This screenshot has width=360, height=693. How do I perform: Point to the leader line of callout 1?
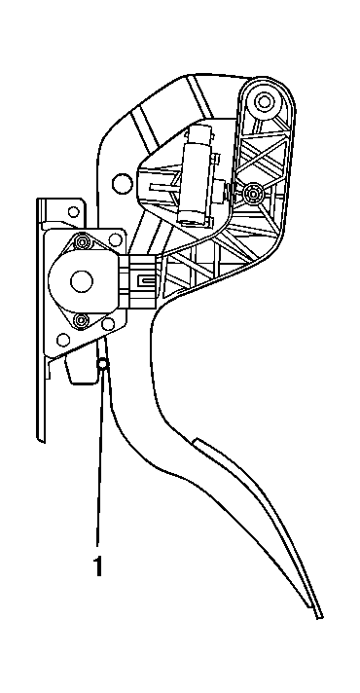[x=98, y=457]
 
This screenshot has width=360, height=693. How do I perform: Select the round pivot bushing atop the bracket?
[x=263, y=101]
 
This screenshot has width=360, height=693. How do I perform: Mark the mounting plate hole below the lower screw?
[x=63, y=341]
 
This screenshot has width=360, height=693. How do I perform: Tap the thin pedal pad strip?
[x=263, y=516]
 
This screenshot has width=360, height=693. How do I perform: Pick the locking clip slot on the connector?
[x=145, y=282]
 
